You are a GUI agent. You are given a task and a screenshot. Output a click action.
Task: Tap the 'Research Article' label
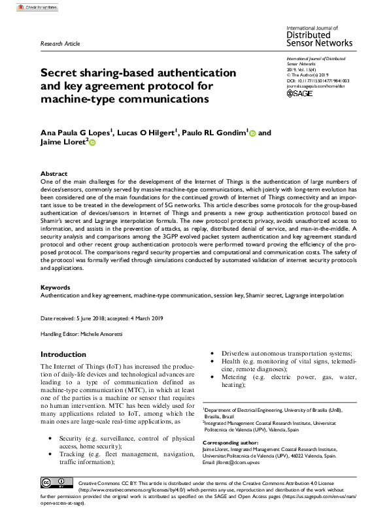click(60, 44)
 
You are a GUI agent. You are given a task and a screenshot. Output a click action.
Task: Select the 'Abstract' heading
click(54, 175)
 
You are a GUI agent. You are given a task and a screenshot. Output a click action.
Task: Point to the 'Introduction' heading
click(63, 354)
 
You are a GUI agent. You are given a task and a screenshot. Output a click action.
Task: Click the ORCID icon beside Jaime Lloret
click(92, 142)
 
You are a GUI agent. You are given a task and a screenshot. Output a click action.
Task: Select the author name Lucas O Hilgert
click(148, 132)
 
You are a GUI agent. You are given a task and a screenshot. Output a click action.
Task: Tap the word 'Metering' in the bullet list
click(235, 377)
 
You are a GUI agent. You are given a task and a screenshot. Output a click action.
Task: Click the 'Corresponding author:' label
click(230, 442)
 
